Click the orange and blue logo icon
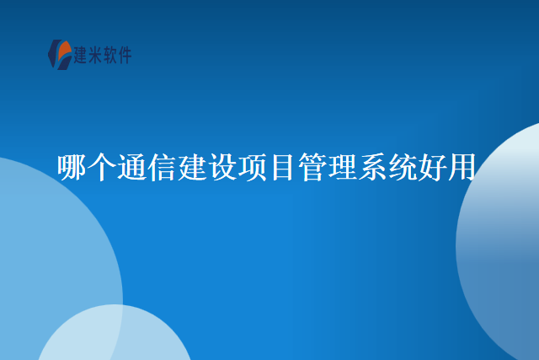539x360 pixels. point(59,55)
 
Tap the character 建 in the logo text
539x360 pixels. point(83,56)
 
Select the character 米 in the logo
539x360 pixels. point(98,56)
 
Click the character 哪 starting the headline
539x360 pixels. point(72,167)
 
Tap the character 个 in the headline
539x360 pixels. point(102,167)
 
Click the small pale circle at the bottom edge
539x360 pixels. point(114,337)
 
